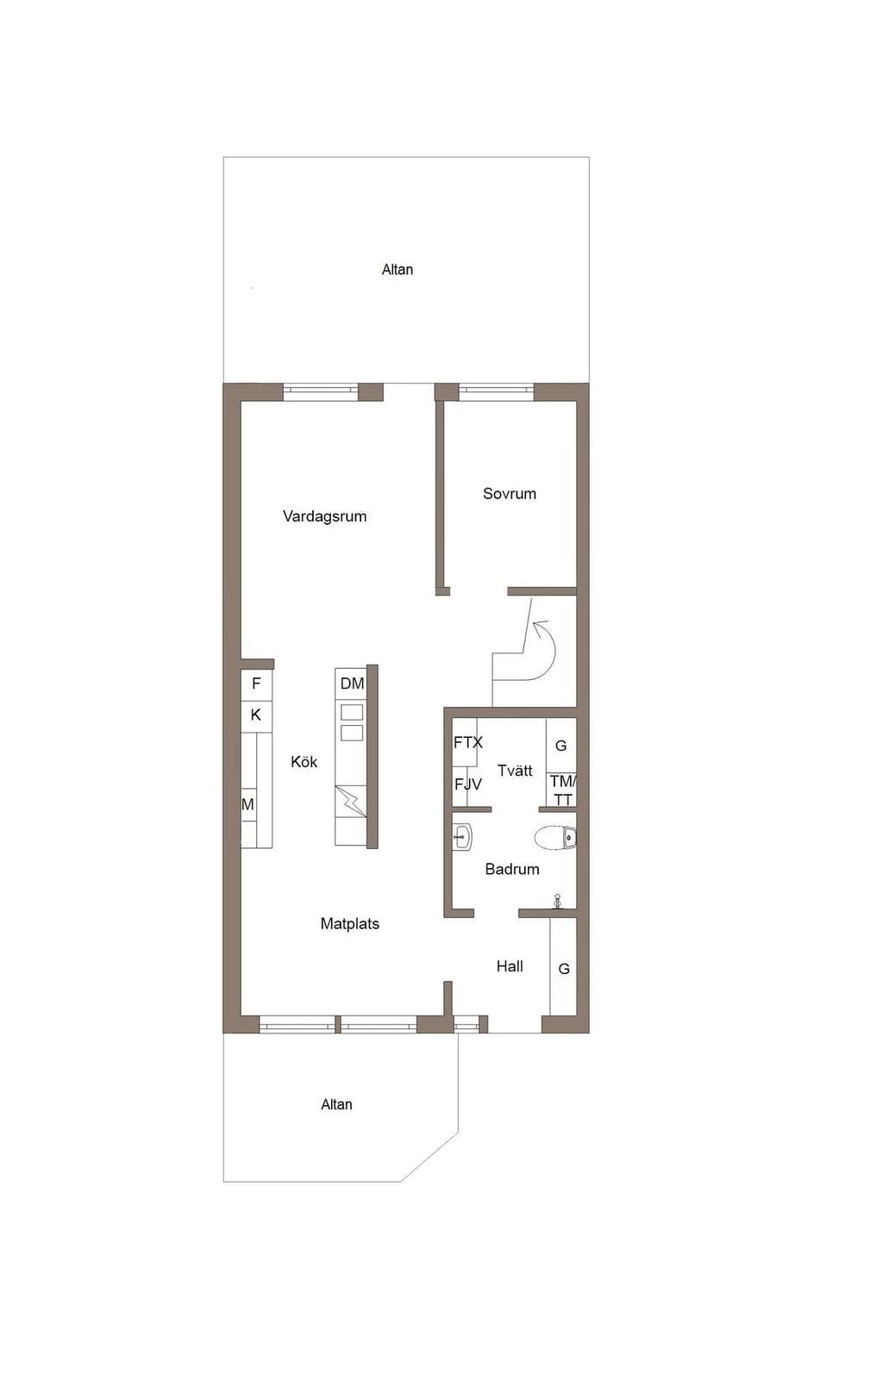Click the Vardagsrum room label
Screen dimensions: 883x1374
coord(324,516)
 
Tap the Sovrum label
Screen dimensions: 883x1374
coord(510,494)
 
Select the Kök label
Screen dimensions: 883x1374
coord(304,762)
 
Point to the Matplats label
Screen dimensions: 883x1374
coord(350,924)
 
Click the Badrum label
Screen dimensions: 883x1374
coord(511,869)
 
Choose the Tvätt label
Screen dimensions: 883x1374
coord(515,771)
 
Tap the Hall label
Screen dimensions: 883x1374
coord(510,966)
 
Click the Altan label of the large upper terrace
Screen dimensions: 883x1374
coord(397,270)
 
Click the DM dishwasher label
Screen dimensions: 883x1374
coord(352,684)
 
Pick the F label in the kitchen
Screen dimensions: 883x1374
coord(256,684)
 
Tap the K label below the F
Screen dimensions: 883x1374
coord(256,715)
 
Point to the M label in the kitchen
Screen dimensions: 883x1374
coord(247,805)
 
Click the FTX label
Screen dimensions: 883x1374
coord(467,743)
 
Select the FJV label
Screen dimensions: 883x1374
coord(467,784)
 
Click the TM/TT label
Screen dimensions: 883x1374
coord(563,790)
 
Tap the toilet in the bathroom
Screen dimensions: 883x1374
coord(554,837)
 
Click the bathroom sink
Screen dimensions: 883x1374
coord(462,837)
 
